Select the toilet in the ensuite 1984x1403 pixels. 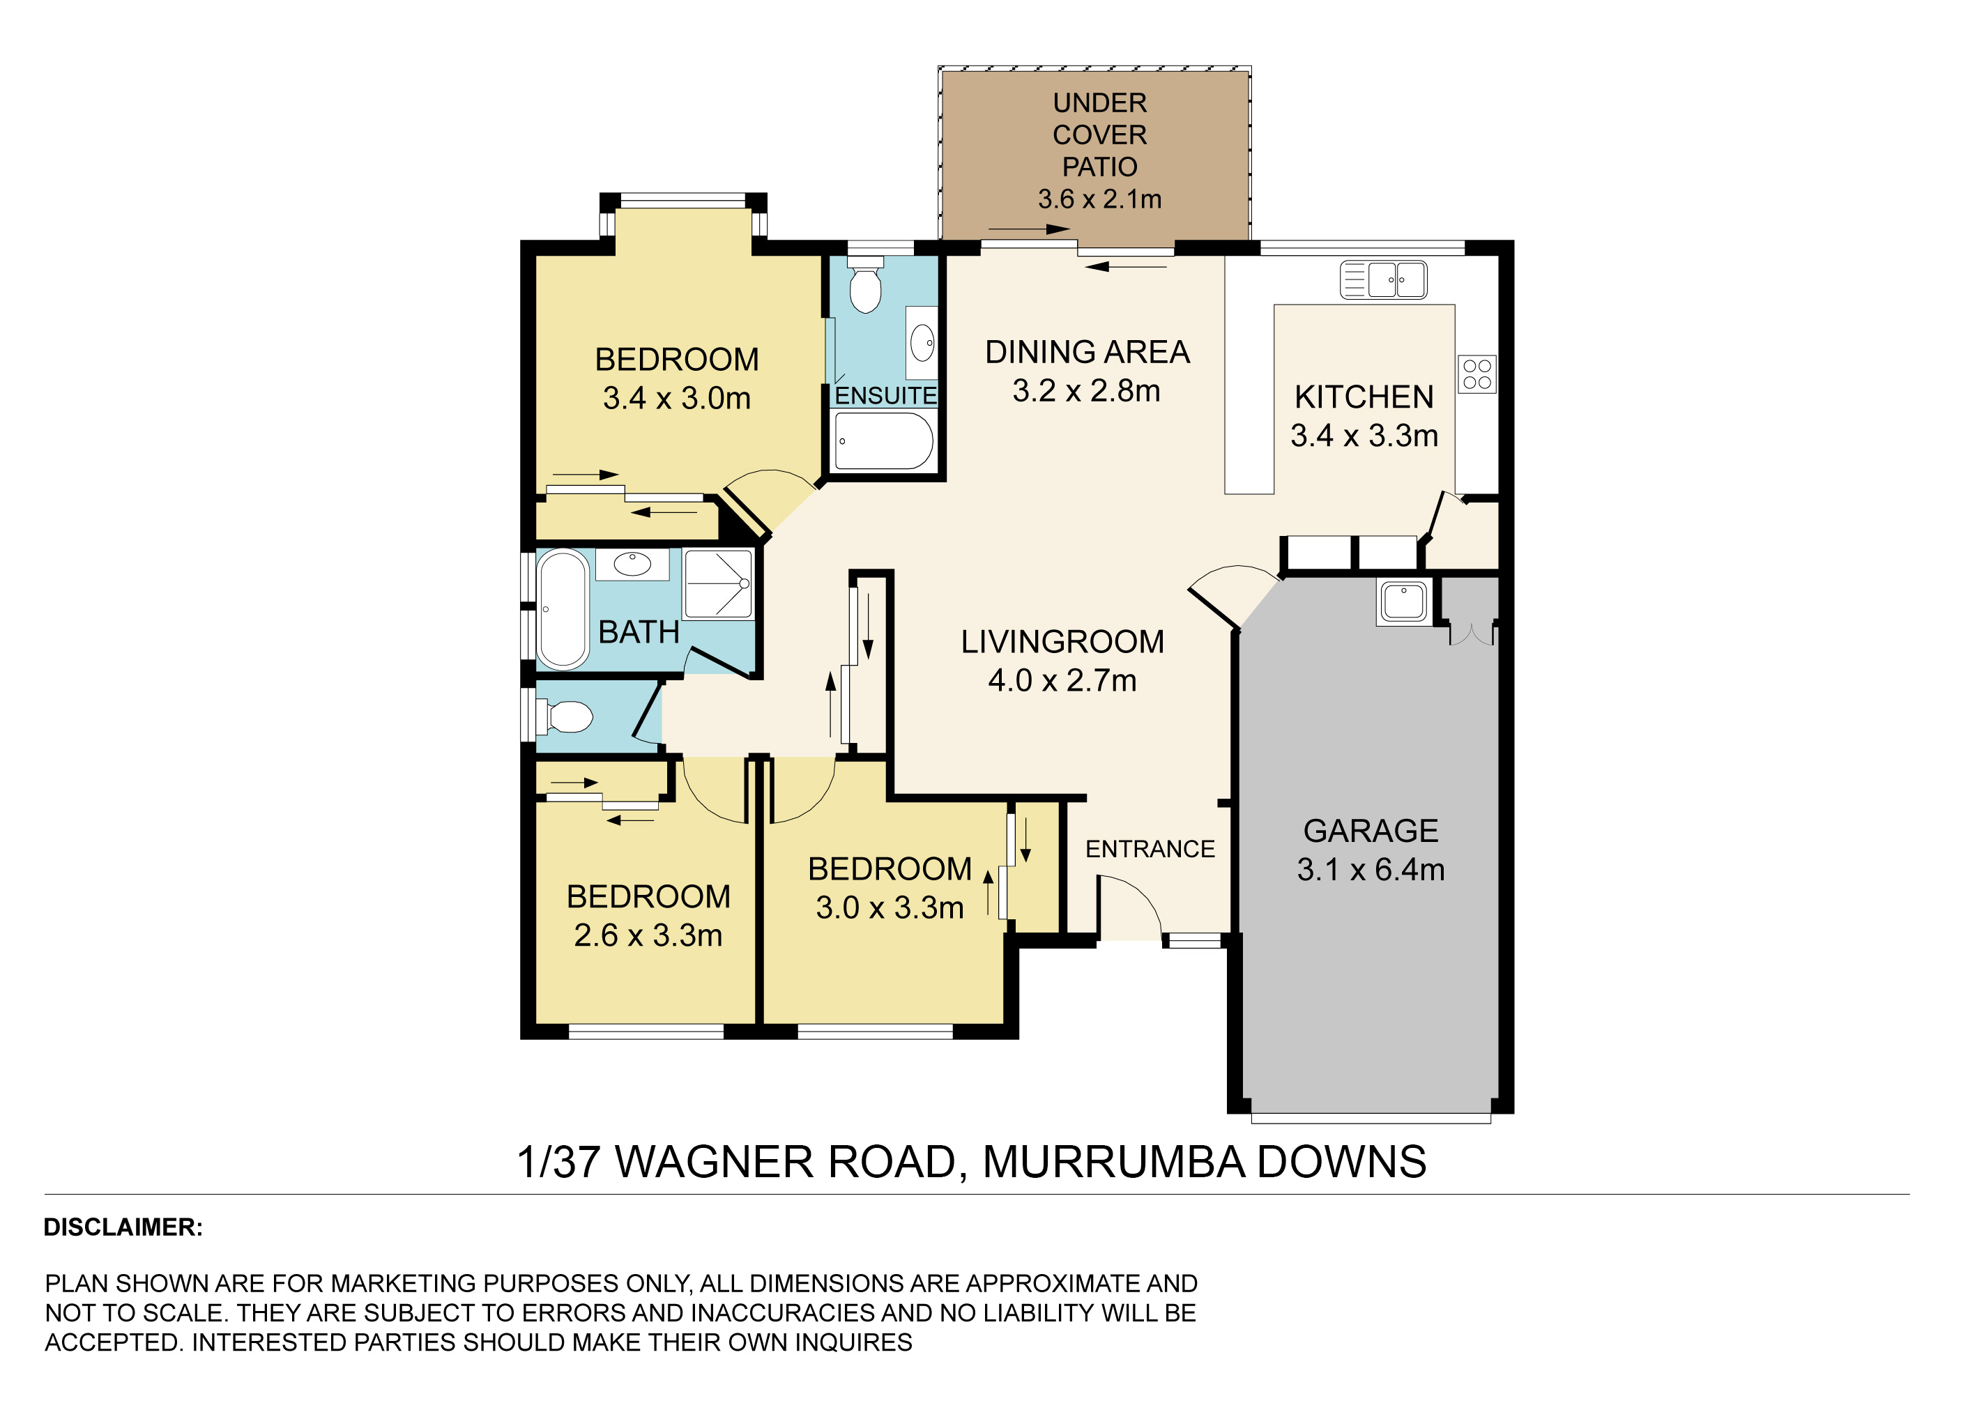[x=865, y=284]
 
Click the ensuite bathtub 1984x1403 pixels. [x=884, y=440]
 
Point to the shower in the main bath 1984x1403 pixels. [x=718, y=584]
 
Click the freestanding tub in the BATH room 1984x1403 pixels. [x=563, y=609]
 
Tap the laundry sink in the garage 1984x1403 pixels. [x=1403, y=601]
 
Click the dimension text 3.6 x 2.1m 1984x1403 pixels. [x=1099, y=199]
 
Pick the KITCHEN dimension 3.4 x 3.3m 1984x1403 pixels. [x=1364, y=436]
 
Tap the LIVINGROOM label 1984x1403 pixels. [x=1063, y=642]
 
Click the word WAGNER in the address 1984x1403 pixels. [x=715, y=1162]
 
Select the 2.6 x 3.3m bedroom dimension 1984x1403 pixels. [x=648, y=935]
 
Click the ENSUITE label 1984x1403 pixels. [x=886, y=396]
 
